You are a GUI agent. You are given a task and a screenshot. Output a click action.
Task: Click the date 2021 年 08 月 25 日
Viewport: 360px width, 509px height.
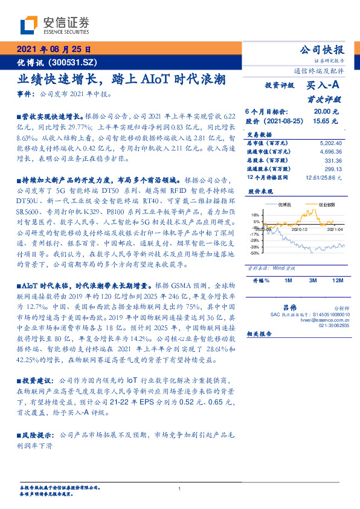(53, 50)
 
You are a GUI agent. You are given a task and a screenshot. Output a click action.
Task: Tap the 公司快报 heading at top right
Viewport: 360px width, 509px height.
(323, 50)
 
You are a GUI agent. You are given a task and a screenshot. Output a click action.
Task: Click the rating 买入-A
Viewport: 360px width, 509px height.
(323, 86)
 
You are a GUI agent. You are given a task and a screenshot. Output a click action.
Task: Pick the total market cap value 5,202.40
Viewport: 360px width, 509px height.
(330, 143)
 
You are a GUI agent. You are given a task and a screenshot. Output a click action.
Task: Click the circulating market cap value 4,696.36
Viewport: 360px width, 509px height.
(330, 152)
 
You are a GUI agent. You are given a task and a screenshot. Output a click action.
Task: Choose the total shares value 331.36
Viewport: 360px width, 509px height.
(333, 161)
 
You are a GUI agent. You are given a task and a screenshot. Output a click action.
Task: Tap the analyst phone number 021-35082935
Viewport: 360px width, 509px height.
(333, 325)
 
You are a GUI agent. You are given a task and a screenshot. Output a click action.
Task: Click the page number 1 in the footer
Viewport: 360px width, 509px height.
(180, 489)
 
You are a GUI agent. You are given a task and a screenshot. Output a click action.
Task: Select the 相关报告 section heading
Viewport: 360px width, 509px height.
(260, 333)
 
